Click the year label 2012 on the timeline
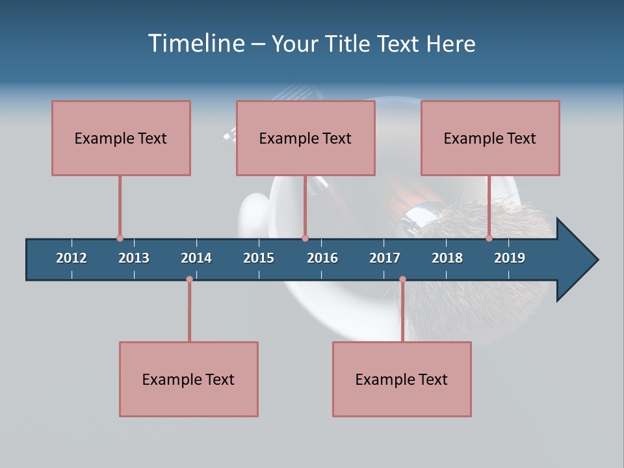[x=71, y=258]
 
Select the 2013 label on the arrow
[x=134, y=258]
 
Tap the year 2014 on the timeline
[x=196, y=258]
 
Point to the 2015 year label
[x=259, y=258]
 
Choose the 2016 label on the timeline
[x=322, y=258]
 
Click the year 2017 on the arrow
[x=385, y=258]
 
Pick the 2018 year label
[x=447, y=258]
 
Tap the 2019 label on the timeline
[x=510, y=258]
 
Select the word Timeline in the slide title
[x=195, y=44]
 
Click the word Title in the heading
[x=348, y=44]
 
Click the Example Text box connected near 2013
[x=121, y=138]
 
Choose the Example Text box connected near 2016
[x=305, y=138]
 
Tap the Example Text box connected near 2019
[x=490, y=138]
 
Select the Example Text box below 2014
[x=188, y=379]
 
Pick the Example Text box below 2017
[x=402, y=379]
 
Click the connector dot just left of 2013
[x=120, y=239]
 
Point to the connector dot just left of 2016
[x=305, y=239]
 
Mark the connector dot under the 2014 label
[x=189, y=279]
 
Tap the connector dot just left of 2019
[x=489, y=239]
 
